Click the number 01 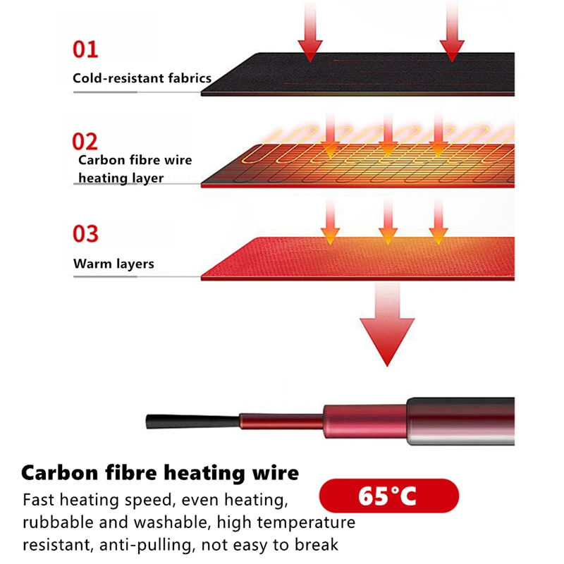(85, 49)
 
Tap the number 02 (85, 141)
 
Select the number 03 (85, 233)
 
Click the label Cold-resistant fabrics (142, 78)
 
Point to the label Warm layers (114, 264)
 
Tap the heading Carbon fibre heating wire (161, 472)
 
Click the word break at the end (317, 545)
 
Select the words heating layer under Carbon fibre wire (121, 178)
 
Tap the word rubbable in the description (55, 523)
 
